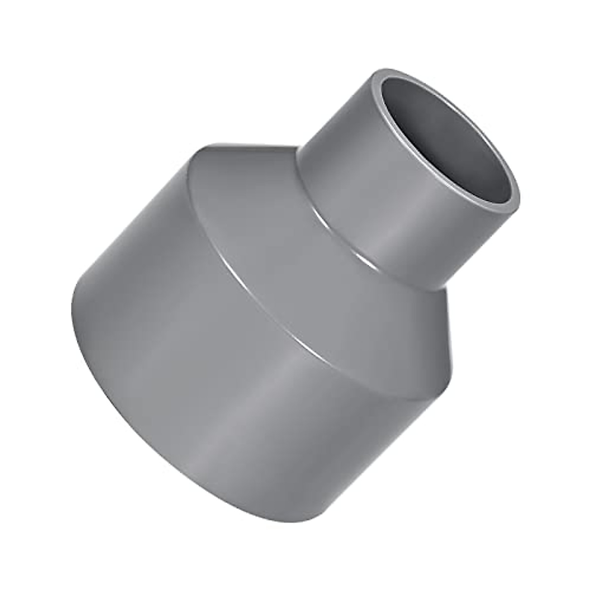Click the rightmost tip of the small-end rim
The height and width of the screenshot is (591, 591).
(x=520, y=197)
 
